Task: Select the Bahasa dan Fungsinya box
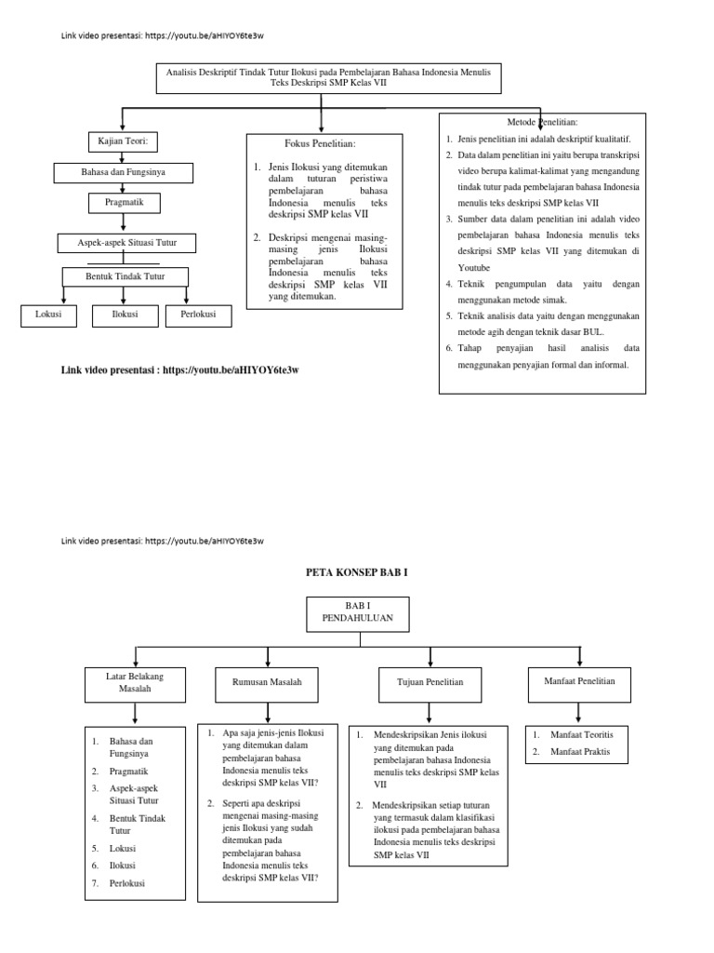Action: [124, 172]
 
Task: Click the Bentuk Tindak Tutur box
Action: [126, 275]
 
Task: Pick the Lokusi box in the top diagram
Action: [44, 315]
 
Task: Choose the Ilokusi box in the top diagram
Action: [124, 315]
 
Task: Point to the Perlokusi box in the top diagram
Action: [192, 315]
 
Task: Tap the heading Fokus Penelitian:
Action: [320, 144]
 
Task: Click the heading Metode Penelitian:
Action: [543, 122]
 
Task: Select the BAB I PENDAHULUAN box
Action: [345, 611]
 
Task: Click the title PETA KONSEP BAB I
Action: [356, 572]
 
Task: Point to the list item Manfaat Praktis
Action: [580, 752]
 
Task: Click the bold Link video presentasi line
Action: [185, 369]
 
